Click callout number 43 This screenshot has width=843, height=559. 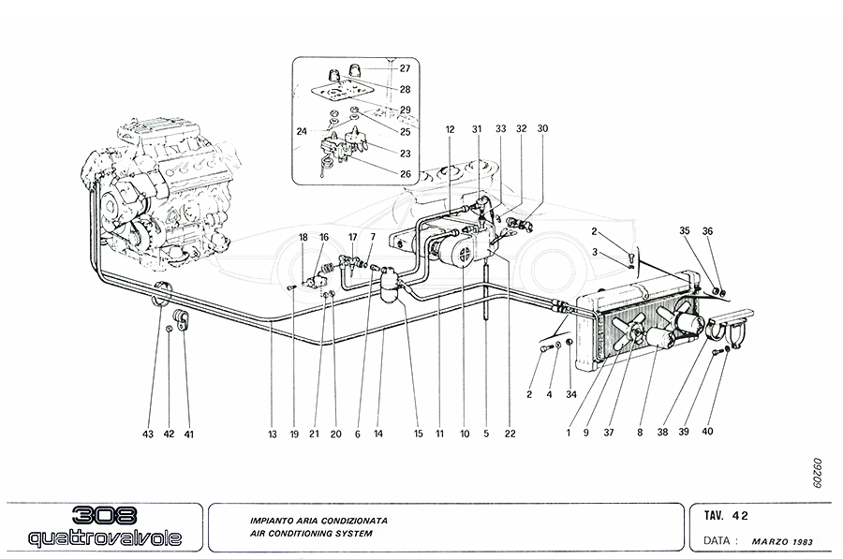tap(149, 434)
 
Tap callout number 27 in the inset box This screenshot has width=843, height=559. tap(405, 68)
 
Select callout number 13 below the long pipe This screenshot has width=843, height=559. tap(272, 434)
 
